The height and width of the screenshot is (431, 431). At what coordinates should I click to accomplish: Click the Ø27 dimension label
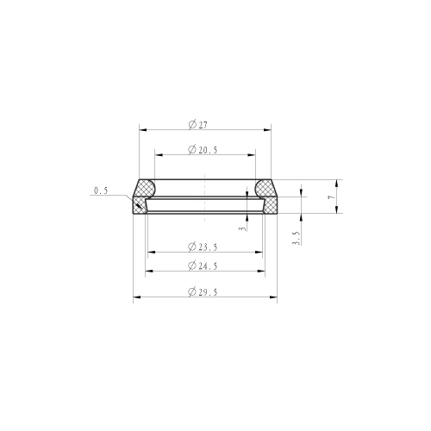pos(197,125)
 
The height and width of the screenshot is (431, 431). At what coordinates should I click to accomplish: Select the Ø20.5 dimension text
pos(203,150)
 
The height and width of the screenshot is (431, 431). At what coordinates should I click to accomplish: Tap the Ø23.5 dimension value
pos(203,247)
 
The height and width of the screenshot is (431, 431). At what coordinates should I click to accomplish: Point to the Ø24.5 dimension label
pos(203,265)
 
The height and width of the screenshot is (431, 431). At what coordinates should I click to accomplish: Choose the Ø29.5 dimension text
pos(203,292)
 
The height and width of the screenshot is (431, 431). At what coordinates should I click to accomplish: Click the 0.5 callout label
pos(101,191)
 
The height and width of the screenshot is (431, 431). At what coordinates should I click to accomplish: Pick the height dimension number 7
pos(332,197)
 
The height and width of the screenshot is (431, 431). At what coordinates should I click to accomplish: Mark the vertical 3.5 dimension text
pos(297,238)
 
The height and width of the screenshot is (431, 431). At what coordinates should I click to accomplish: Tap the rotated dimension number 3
pos(243,228)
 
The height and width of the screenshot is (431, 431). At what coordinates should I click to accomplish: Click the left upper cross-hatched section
pos(145,188)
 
